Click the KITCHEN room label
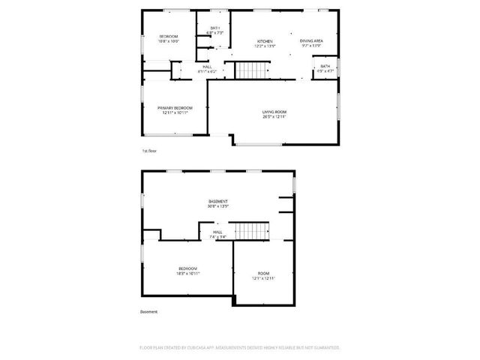265,41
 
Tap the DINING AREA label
310,41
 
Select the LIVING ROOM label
274,112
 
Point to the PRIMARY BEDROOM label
175,107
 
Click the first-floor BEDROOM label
168,37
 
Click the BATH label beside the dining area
325,66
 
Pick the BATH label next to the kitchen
215,28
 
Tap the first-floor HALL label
206,67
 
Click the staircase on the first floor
251,70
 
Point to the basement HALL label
217,232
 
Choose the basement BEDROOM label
187,268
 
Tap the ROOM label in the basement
263,273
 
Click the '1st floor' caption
149,151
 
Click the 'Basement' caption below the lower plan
148,311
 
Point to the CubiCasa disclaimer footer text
240,347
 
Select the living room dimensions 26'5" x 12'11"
274,116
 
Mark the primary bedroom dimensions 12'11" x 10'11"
175,112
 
